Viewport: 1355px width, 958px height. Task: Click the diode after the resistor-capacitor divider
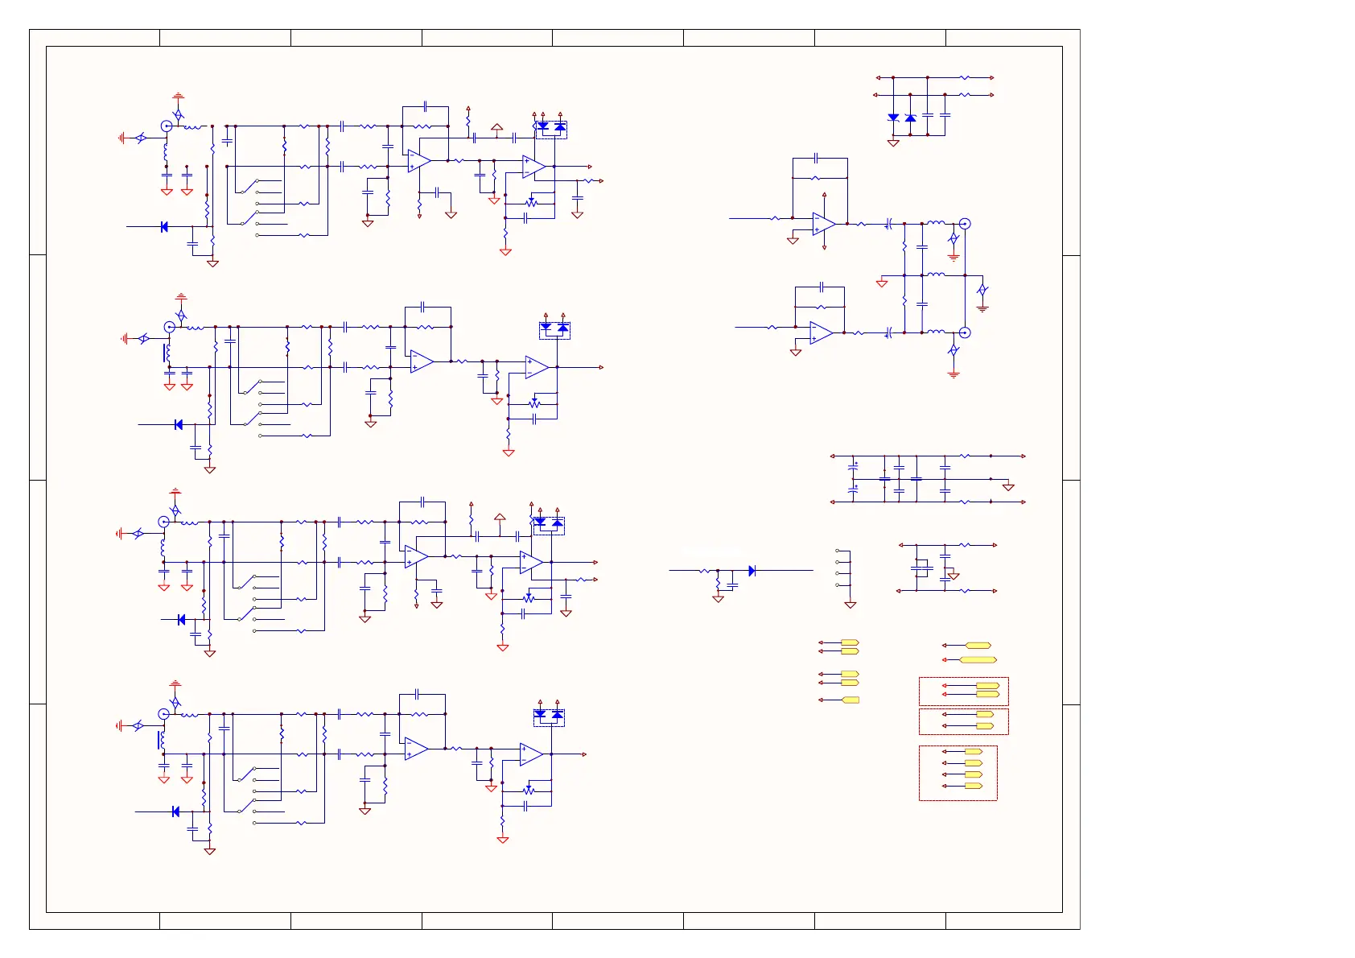[752, 571]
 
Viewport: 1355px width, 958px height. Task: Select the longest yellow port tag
[978, 660]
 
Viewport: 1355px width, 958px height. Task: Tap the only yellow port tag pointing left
[850, 700]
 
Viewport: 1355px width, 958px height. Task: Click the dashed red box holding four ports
[958, 773]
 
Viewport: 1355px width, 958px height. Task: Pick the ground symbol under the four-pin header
[850, 605]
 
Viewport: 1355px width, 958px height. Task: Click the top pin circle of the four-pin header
[838, 551]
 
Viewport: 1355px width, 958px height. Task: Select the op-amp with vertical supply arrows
[823, 224]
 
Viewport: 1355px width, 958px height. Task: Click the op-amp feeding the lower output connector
[821, 332]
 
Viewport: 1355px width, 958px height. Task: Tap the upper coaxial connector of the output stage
[965, 224]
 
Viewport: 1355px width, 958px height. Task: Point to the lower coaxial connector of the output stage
[965, 332]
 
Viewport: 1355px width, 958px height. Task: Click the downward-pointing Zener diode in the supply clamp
[893, 118]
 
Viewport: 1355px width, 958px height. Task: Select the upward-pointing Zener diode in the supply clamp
[910, 118]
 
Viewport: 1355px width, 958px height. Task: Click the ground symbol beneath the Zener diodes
[893, 143]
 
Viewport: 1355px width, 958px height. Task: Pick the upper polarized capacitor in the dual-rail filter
[854, 465]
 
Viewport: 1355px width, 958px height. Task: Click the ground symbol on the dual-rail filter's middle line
[1008, 487]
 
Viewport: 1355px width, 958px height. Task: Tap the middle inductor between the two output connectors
[936, 275]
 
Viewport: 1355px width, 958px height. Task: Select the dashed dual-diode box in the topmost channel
[551, 129]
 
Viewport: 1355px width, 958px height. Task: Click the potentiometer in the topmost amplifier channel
[531, 202]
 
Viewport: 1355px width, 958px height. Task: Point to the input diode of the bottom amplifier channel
[175, 811]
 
